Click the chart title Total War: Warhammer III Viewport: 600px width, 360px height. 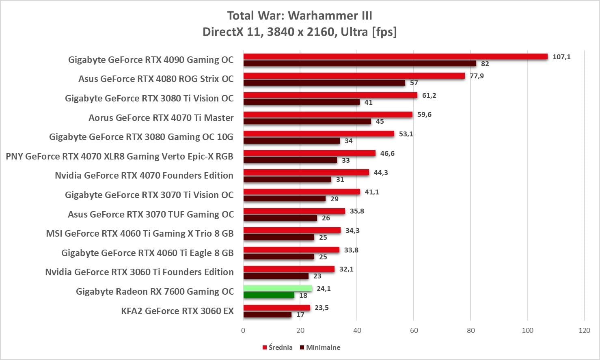[x=300, y=15]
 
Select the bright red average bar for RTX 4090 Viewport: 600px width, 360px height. [x=395, y=56]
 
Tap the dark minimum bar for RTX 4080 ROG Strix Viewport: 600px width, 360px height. [x=324, y=83]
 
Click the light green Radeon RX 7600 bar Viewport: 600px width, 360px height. [x=278, y=288]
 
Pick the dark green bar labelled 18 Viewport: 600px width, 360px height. [x=269, y=295]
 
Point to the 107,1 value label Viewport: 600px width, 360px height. [x=561, y=57]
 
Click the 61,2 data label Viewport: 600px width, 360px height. [x=429, y=95]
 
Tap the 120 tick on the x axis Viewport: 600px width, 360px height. [x=584, y=330]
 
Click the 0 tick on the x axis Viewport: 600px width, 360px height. [x=243, y=330]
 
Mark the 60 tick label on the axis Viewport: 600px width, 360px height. [x=414, y=330]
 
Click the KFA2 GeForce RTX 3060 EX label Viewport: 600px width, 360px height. [x=177, y=311]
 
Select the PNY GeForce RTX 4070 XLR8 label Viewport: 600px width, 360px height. [x=119, y=156]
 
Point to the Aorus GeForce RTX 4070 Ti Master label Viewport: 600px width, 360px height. [x=161, y=118]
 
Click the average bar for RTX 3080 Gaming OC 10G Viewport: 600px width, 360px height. [x=319, y=134]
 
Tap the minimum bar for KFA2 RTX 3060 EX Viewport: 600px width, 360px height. [x=268, y=315]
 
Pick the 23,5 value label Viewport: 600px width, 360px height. [x=322, y=308]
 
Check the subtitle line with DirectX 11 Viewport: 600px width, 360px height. [x=300, y=32]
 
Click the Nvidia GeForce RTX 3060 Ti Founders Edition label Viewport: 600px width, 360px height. [x=139, y=272]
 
